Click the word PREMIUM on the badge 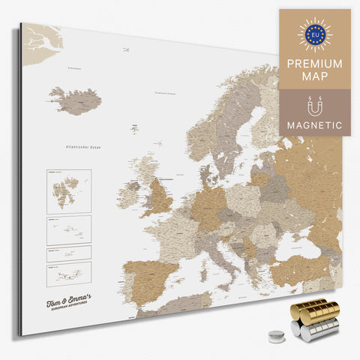click(314, 64)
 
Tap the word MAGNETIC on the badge click(314, 124)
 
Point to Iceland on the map click(75, 100)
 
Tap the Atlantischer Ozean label click(84, 148)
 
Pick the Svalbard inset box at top click(68, 190)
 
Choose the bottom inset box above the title click(69, 271)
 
